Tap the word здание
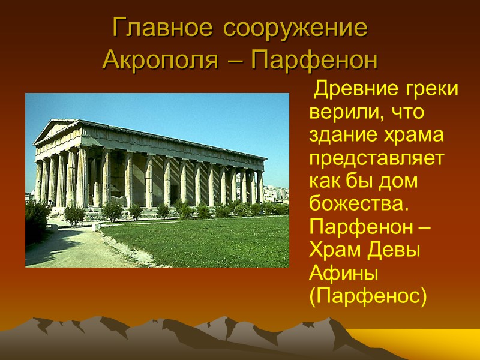coord(340,136)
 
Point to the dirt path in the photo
coord(66,246)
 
